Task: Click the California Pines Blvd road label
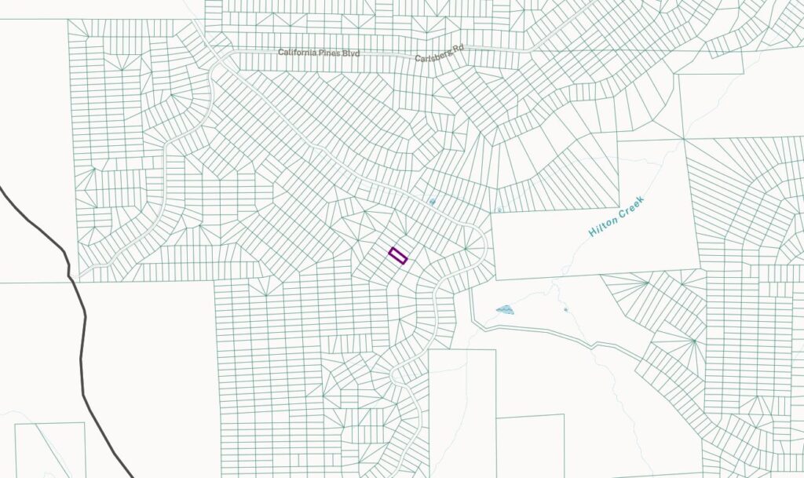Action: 319,53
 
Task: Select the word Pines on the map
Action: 332,53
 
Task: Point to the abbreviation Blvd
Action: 351,53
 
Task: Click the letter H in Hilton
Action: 592,233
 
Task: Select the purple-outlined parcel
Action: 398,256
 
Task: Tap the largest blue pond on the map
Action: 505,310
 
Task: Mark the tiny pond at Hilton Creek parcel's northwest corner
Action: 498,210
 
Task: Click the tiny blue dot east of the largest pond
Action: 566,309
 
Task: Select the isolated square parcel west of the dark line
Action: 49,449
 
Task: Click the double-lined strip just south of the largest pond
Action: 542,333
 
